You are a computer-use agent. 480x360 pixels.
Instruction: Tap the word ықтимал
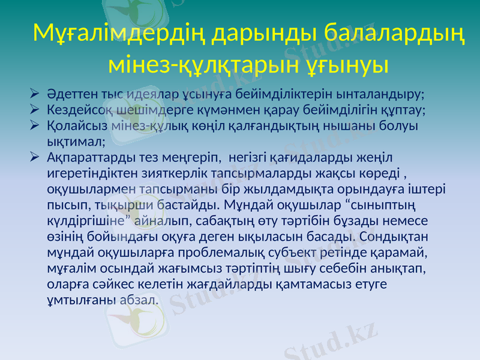pyautogui.click(x=75, y=142)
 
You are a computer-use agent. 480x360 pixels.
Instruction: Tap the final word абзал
pyautogui.click(x=139, y=299)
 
